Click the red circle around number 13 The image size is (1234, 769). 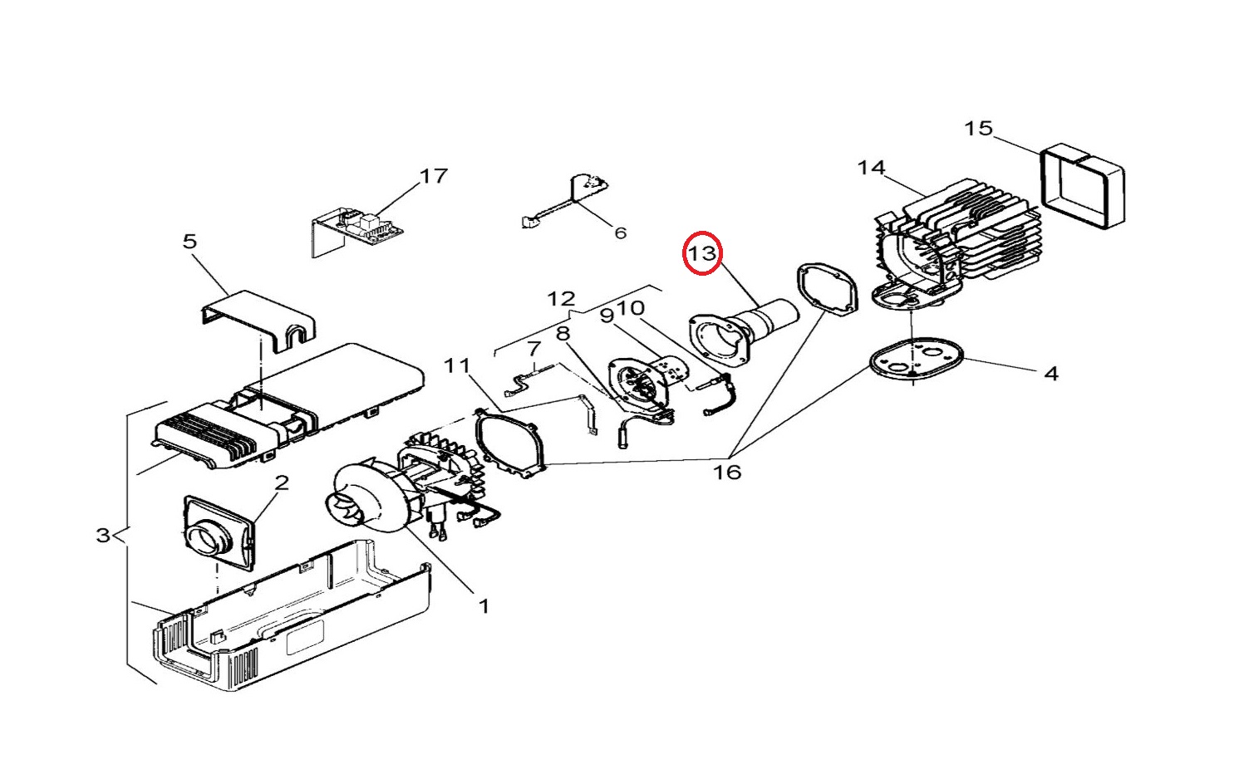click(x=684, y=252)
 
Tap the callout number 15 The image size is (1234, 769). click(x=978, y=129)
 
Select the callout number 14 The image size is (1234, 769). click(x=872, y=168)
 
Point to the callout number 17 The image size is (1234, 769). click(x=434, y=176)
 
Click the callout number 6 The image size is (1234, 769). click(x=620, y=233)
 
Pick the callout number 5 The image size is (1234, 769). click(x=189, y=241)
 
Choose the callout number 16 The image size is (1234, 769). click(x=727, y=472)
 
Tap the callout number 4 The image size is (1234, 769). click(x=1051, y=374)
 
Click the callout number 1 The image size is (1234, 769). click(x=484, y=606)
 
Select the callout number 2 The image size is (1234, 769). click(x=282, y=482)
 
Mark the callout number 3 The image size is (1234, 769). click(x=103, y=535)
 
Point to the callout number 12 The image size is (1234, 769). click(x=562, y=299)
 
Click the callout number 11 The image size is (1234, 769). click(x=457, y=365)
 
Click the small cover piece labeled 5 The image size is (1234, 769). click(x=259, y=319)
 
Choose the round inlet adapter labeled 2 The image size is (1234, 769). click(x=219, y=533)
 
